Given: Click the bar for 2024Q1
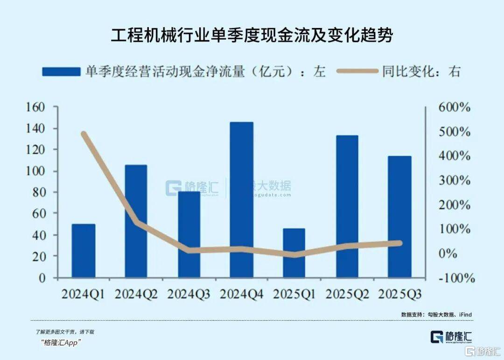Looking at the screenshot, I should pos(84,251).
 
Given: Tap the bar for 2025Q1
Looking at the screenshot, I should pos(294,253).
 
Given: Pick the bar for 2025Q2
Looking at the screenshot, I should pos(347,206).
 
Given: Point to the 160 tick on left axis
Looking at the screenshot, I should pos(48,107).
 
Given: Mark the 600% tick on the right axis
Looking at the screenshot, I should pos(454,107).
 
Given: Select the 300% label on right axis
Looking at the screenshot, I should pos(454,180).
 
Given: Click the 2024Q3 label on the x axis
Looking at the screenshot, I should pos(189,295).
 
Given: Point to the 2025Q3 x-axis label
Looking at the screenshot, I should pos(400,295).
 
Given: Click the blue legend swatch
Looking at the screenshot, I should pos(61,71).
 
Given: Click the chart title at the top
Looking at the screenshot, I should pos(252,35).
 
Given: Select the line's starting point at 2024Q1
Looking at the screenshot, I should pos(84,134).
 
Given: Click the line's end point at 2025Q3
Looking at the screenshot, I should pos(399,243).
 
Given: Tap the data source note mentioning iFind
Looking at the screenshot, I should pos(436,315).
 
